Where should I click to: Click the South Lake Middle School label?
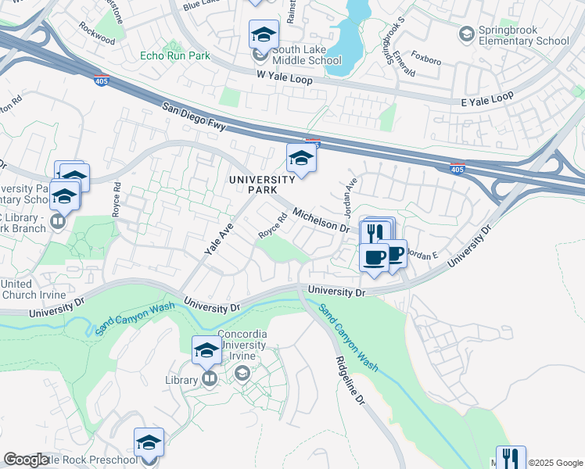(x=307, y=55)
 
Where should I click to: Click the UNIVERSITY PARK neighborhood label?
(x=262, y=184)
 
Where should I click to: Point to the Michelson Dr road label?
(x=321, y=219)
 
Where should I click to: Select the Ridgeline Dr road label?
(x=350, y=380)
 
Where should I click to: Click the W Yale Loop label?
(x=284, y=80)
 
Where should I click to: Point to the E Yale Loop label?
(x=486, y=95)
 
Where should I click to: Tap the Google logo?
(x=25, y=460)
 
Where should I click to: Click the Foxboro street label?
(x=426, y=57)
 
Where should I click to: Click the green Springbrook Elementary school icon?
(x=467, y=34)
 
